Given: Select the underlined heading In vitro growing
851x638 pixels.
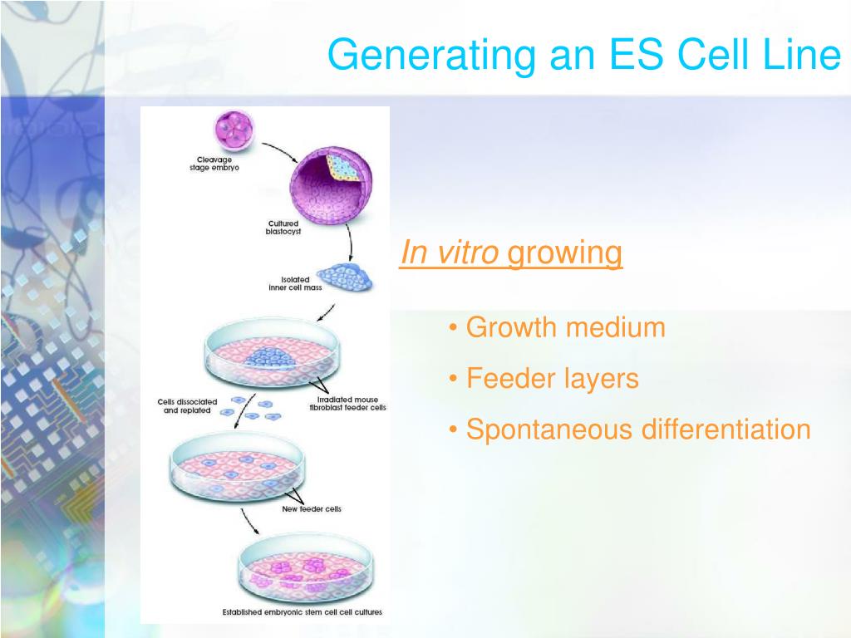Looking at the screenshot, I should coord(510,253).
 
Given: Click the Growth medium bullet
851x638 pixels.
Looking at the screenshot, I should coord(565,327).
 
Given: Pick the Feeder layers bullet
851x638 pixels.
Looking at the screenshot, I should coord(552,379).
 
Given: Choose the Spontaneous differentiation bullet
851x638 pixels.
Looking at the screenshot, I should coord(637,429).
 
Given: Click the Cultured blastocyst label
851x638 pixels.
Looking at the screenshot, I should coord(283,228).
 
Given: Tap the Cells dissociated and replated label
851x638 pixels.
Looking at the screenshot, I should coord(187,405).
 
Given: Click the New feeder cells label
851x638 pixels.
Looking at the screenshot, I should coord(312,508).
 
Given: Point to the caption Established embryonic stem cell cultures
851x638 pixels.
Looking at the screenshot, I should coord(303,613).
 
